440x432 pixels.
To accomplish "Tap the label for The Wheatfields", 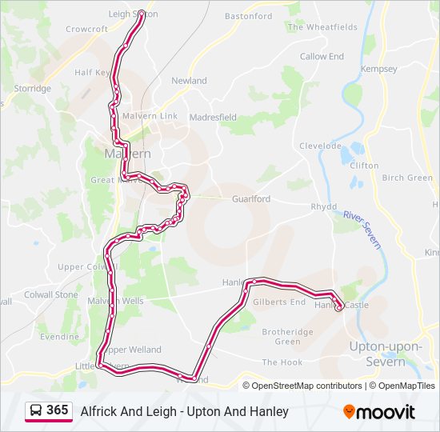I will tap(322, 27).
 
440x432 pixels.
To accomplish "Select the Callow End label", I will tap(322, 57).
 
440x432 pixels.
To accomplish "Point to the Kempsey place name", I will tap(379, 70).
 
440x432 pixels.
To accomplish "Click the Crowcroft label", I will tap(86, 30).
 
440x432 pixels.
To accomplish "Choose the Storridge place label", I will tap(32, 89).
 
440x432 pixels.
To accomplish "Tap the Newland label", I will tap(189, 81).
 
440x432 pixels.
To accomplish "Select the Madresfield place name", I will tap(213, 117).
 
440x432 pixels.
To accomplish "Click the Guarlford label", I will tap(251, 199).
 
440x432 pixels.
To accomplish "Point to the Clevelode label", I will tap(320, 146).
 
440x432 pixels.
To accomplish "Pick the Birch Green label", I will tap(407, 178).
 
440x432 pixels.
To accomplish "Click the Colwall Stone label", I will tap(55, 294).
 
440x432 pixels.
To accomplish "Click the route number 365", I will tap(57, 410).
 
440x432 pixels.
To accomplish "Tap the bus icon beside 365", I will tap(35, 411).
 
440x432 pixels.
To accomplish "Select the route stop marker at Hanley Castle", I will tap(339, 306).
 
